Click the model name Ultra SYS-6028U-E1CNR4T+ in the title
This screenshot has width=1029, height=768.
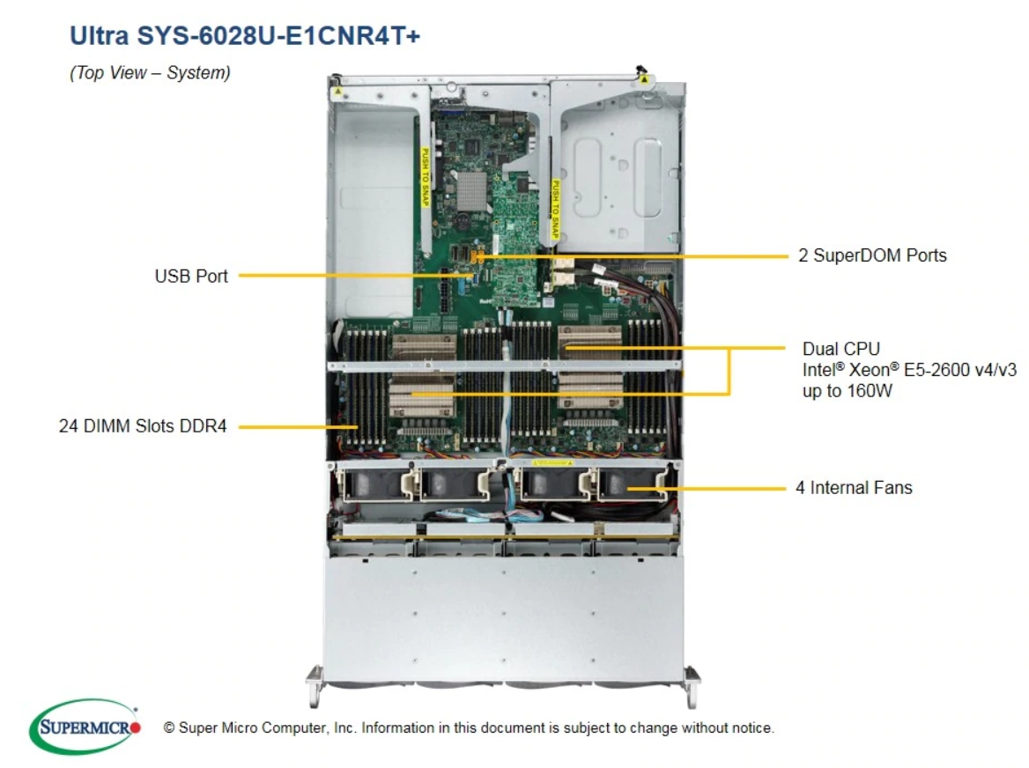pyautogui.click(x=244, y=35)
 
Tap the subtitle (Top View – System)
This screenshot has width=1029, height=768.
pyautogui.click(x=150, y=73)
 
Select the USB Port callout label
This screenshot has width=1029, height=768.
pyautogui.click(x=191, y=276)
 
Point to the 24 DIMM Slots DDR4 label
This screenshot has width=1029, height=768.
pyautogui.click(x=144, y=427)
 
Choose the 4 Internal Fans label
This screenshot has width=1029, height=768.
pyautogui.click(x=854, y=487)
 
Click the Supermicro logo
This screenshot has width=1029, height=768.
pyautogui.click(x=85, y=727)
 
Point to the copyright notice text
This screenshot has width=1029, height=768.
pyautogui.click(x=468, y=728)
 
